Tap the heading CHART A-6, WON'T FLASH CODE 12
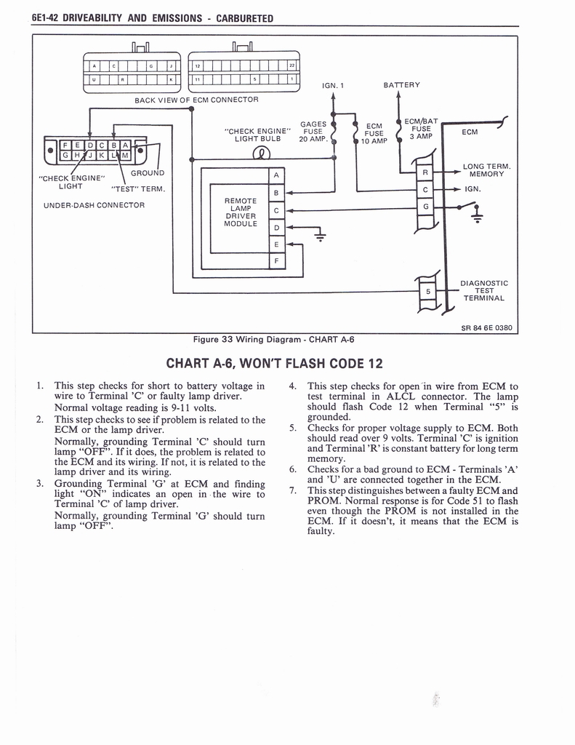(x=274, y=363)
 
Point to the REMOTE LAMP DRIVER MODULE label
(x=240, y=212)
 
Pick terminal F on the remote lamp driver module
(x=276, y=260)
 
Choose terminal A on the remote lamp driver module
(x=276, y=175)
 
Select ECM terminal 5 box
(x=428, y=292)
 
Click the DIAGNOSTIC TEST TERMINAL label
(x=483, y=290)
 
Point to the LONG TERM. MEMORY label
(x=486, y=170)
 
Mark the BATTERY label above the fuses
(x=401, y=84)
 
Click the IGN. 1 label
(x=332, y=85)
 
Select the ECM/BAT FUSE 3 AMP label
(x=420, y=129)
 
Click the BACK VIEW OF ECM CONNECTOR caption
(x=196, y=99)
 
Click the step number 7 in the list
(x=291, y=490)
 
